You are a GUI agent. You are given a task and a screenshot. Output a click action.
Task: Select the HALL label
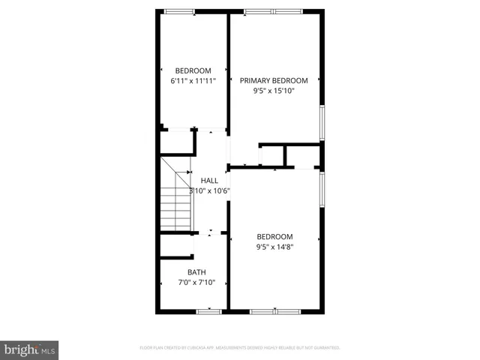point(210,180)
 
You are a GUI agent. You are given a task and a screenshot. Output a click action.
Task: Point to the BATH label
point(196,272)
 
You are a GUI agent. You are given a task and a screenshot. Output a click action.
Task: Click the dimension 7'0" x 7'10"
point(196,283)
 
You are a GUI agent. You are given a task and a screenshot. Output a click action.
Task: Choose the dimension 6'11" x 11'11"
point(193,81)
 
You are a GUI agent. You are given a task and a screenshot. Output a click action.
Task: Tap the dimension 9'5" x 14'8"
point(274,247)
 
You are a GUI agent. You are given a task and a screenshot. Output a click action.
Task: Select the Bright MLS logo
point(29,349)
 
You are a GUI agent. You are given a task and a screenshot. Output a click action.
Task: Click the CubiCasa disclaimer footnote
point(240,347)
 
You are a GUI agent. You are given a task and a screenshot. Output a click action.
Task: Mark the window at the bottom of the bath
point(208,310)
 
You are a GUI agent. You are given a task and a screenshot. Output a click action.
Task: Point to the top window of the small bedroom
point(179,11)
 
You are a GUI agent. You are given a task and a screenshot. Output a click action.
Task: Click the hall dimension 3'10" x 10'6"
point(209,190)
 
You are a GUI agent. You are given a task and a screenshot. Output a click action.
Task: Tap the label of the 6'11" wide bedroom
point(193,70)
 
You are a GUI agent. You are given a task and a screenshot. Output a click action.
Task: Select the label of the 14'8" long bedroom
point(274,236)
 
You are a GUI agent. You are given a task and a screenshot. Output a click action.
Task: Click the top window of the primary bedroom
point(273,11)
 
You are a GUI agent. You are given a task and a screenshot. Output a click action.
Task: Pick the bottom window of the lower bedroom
point(274,310)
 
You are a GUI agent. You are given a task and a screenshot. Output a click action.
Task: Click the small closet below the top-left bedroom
point(177,142)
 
